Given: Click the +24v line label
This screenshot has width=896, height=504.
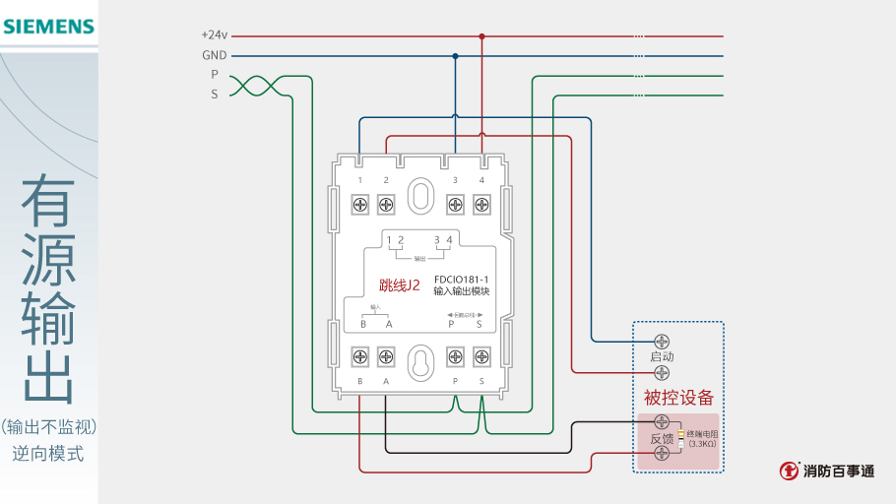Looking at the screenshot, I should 214,35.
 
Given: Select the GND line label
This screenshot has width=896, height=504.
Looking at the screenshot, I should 214,55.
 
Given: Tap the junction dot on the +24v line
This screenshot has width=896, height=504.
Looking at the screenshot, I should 481,36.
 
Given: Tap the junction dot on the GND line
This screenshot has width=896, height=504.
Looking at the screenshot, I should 455,56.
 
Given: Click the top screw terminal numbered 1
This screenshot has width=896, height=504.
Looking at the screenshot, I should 360,205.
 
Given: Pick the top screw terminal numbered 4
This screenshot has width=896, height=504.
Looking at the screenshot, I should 481,205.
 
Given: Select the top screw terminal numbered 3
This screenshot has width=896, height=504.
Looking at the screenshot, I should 455,205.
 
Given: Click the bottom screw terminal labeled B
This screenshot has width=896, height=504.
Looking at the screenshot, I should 360,355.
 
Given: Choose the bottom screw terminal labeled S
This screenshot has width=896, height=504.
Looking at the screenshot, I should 481,355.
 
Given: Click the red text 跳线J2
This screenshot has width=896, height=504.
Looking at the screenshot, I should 400,286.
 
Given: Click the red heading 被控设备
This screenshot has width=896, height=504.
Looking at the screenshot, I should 678,398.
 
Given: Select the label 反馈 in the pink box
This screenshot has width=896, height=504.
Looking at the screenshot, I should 661,439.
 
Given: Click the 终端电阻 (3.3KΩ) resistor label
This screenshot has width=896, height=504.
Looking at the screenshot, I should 702,439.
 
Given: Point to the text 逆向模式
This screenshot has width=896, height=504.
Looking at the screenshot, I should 48,454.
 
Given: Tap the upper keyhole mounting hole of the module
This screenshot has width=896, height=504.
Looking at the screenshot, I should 420,194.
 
